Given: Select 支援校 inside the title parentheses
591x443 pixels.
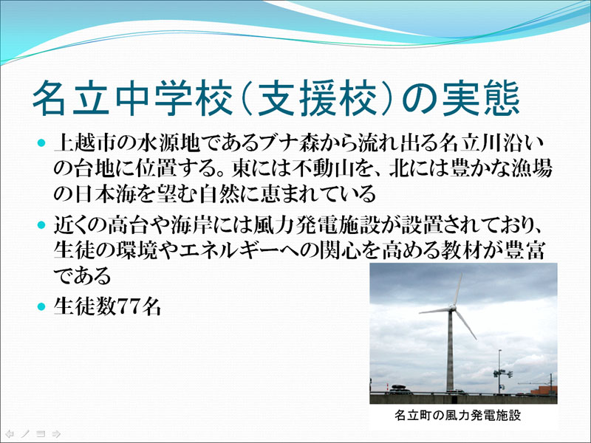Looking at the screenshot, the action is coord(320,100).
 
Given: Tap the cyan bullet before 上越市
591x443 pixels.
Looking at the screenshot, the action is coord(41,143).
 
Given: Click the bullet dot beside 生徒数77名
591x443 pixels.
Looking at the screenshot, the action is coord(41,306).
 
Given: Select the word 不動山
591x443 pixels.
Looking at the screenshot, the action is coord(321,169).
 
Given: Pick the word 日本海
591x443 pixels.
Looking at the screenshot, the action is coord(100,194).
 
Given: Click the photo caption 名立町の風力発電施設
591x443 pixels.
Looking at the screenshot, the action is coord(457,416).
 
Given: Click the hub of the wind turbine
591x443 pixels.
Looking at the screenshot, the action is coord(452,309).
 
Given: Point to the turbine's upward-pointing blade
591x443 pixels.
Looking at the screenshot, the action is coord(457,290).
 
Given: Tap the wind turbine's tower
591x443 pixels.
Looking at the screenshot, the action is coord(450,351).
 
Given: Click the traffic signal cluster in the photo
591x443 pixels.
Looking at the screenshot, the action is coord(502,374).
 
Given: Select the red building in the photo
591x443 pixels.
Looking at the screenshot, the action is coord(544,391).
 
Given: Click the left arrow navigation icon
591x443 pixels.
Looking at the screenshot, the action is coord(10,434).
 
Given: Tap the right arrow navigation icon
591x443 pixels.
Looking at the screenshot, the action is coord(56,434).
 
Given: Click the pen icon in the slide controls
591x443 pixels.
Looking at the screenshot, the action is coord(25,434).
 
